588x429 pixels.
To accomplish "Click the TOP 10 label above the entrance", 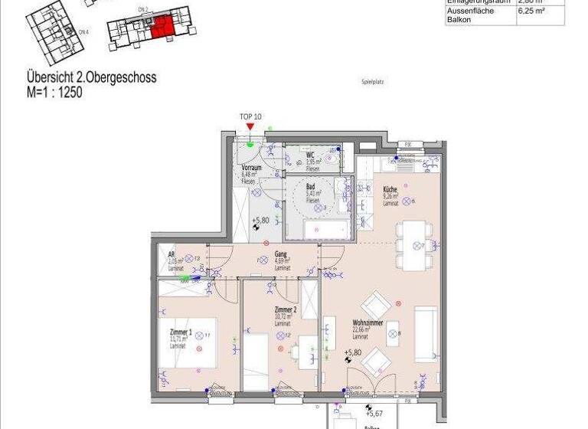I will tap(250, 116).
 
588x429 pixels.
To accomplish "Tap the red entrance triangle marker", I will tap(250, 126).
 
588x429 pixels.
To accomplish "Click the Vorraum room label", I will tap(252, 168).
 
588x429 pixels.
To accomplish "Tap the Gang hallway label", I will tap(280, 253).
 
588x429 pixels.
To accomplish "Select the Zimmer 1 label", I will tap(181, 332).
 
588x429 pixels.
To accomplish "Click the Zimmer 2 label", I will tap(285, 309).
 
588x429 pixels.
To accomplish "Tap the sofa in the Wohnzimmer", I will tap(425, 333).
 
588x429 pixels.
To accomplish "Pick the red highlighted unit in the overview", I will tap(162, 27).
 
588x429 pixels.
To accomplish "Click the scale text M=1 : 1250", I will tap(54, 93).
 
